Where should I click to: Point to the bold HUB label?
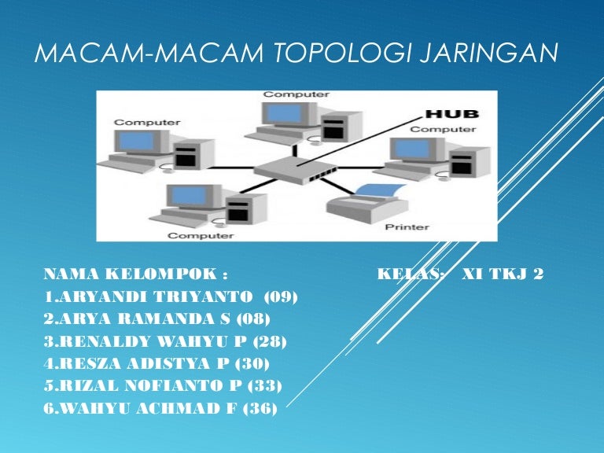[451, 115]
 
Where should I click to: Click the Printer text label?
[407, 227]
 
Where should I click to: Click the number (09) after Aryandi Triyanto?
[281, 296]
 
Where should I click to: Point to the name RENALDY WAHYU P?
[142, 341]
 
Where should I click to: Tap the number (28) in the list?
[270, 341]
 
